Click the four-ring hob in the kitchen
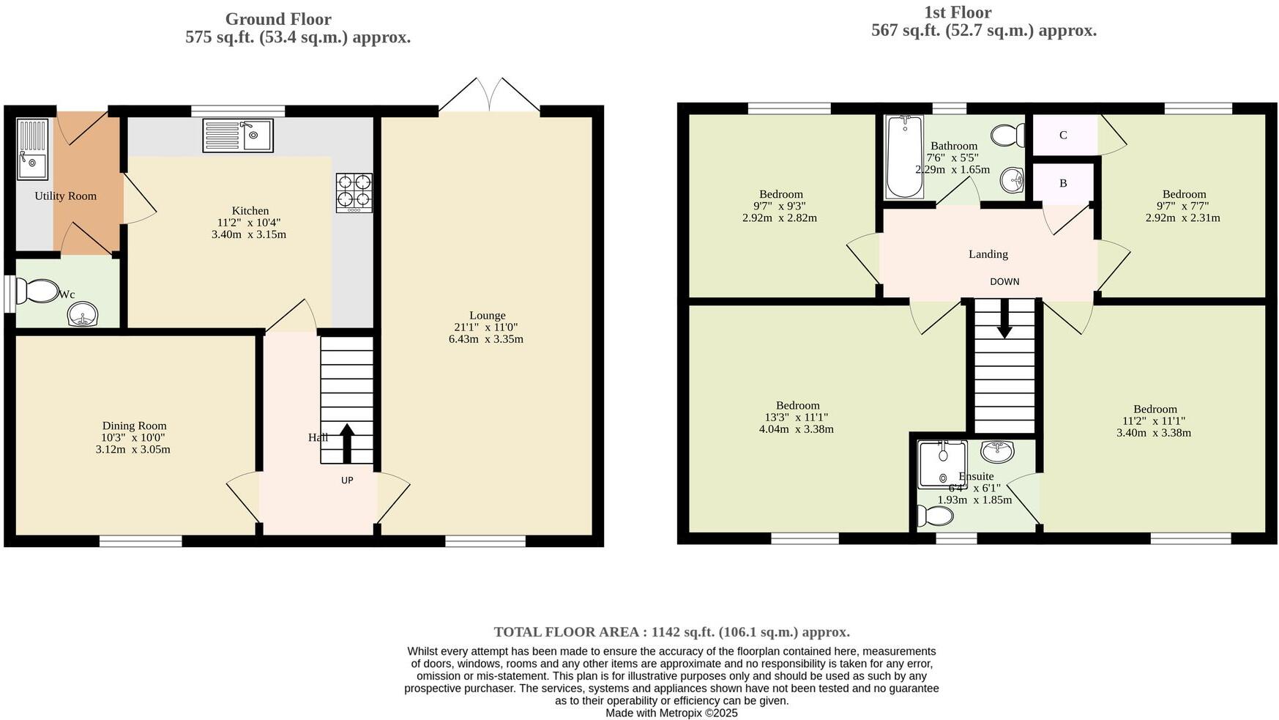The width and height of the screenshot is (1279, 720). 354,193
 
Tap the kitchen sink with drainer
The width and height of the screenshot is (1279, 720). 238,136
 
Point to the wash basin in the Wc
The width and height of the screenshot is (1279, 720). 83,316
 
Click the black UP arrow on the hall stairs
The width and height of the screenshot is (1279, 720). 347,442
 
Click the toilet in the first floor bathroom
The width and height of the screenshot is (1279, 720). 1010,135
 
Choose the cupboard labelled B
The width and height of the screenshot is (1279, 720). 1063,183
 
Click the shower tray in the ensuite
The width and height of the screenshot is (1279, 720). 942,463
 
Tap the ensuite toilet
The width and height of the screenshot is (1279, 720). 935,517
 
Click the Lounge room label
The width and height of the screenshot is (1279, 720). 487,316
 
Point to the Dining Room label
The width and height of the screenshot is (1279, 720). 134,426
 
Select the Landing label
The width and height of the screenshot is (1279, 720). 988,254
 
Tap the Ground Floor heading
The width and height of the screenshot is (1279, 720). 278,20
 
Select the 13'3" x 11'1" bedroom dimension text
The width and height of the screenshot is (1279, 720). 796,417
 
